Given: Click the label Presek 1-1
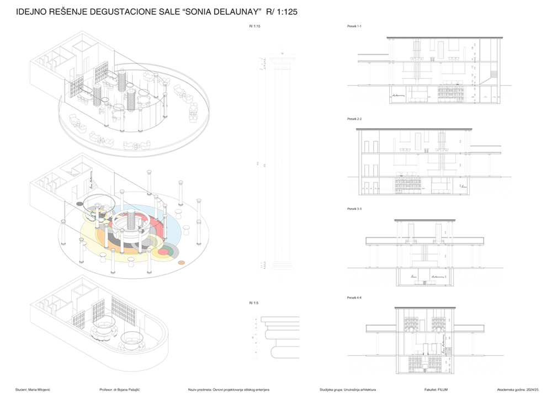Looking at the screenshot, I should pyautogui.click(x=353, y=26).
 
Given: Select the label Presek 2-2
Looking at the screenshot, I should pyautogui.click(x=353, y=119).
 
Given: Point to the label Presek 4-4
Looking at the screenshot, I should pyautogui.click(x=353, y=297).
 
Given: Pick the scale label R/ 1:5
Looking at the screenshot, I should pyautogui.click(x=254, y=303).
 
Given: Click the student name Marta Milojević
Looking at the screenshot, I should pyautogui.click(x=47, y=390).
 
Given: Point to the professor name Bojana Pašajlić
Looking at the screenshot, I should pyautogui.click(x=128, y=390).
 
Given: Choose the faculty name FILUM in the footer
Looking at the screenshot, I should pyautogui.click(x=442, y=390).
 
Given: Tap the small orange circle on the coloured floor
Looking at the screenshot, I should pyautogui.click(x=181, y=263).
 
